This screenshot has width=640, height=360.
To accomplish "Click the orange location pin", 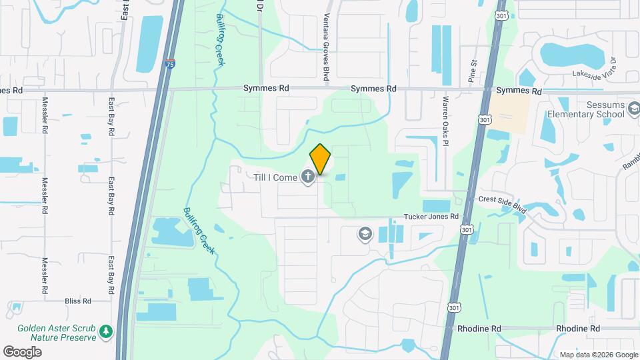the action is coord(321,159).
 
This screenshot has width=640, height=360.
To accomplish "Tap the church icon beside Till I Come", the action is coord(307,177).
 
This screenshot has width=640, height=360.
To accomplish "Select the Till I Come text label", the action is coord(275,177).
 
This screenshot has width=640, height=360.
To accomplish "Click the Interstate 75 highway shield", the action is coord(170,65).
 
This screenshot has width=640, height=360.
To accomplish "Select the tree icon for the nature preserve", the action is coord(104,331).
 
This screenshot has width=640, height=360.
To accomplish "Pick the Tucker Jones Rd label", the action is coord(432,217).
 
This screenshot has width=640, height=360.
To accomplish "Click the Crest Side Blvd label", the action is coord(503,204).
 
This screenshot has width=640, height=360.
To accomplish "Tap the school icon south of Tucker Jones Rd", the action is coord(365,233).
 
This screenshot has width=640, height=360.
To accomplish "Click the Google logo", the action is coord(22,351).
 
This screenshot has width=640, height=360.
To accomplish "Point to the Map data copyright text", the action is coord(598,355).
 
